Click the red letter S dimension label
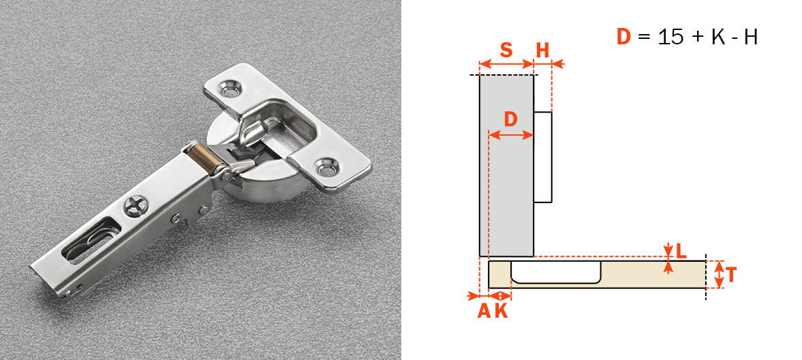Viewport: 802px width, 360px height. (x=506, y=50)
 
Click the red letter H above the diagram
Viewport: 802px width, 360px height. (x=542, y=50)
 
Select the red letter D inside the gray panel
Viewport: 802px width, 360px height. (x=510, y=119)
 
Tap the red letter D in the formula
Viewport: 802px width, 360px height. (x=623, y=37)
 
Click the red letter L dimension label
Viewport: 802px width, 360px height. (x=680, y=250)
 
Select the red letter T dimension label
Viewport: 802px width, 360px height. (x=730, y=275)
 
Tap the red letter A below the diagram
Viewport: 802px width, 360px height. (x=483, y=311)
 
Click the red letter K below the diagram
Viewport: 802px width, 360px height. (x=501, y=311)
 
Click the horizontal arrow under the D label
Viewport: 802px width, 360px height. (x=510, y=135)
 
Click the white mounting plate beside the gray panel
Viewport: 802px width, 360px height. (x=542, y=157)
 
